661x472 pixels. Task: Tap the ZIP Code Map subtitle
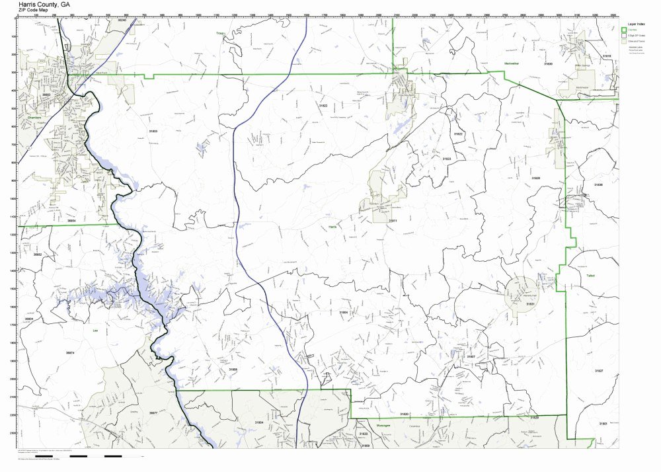pos(36,11)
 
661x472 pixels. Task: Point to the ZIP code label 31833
pos(153,132)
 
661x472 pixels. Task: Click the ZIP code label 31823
pos(447,159)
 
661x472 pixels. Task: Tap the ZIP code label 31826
pos(535,178)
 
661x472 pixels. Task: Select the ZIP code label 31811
pos(393,221)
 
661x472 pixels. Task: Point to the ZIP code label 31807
pos(471,356)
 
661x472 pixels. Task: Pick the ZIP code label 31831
pos(529,304)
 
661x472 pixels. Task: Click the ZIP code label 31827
pos(599,371)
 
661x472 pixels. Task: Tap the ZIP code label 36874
pos(70,353)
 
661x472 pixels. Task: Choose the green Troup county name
pos(219,32)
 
